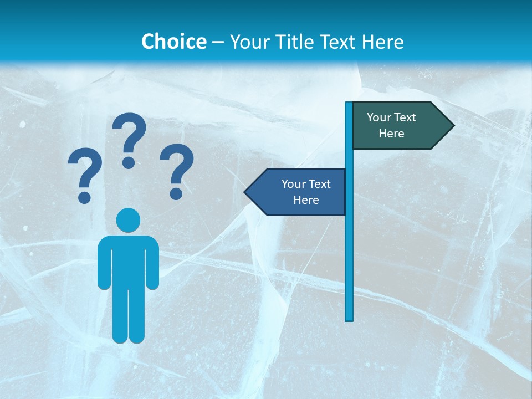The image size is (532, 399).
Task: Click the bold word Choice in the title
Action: pyautogui.click(x=173, y=42)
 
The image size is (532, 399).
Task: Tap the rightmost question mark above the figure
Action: pyautogui.click(x=177, y=171)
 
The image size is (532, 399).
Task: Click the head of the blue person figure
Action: pyautogui.click(x=128, y=220)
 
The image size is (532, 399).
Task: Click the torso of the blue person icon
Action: pyautogui.click(x=128, y=260)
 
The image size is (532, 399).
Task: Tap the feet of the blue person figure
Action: pyautogui.click(x=128, y=337)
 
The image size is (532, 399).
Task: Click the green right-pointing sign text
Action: pyautogui.click(x=391, y=125)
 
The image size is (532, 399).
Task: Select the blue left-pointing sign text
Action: pyautogui.click(x=305, y=192)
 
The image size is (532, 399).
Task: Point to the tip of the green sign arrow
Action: pyautogui.click(x=453, y=125)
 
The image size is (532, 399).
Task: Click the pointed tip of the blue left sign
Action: pyautogui.click(x=245, y=192)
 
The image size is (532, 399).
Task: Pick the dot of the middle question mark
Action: pyautogui.click(x=129, y=162)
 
